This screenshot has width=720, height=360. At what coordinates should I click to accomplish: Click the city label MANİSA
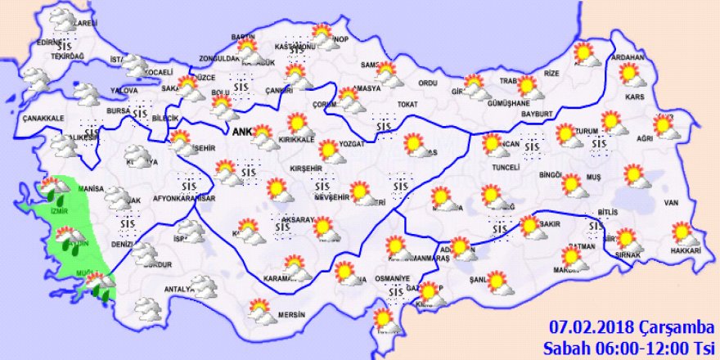point(91,189)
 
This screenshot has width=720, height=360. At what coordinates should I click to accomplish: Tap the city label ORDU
point(428,83)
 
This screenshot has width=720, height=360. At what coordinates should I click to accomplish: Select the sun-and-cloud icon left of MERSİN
point(260,309)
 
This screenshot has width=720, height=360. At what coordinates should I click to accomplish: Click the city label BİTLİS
point(606,212)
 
